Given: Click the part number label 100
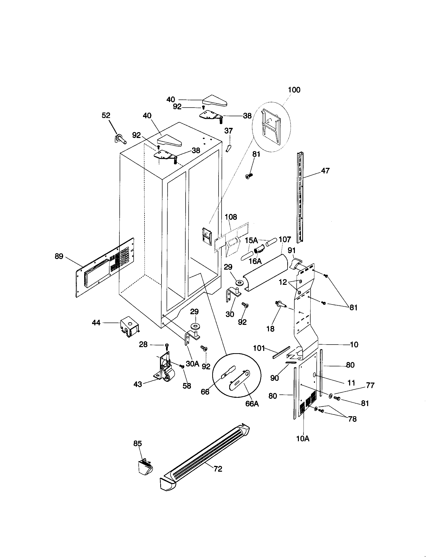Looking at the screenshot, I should [294, 90].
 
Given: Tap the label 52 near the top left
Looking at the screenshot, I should [106, 115].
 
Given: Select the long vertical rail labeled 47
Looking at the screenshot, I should [300, 198].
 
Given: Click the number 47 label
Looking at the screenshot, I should [325, 171].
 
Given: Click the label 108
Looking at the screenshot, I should [231, 217].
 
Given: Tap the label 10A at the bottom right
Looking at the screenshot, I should [303, 439].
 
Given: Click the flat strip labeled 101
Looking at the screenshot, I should [281, 352].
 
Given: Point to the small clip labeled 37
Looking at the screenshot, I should [228, 148].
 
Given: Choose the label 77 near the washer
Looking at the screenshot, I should [370, 385].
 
